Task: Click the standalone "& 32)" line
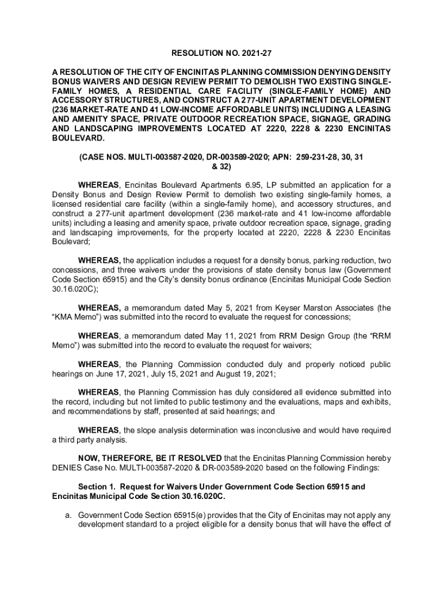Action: pyautogui.click(x=221, y=167)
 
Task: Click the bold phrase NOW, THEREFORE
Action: pyautogui.click(x=115, y=458)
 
